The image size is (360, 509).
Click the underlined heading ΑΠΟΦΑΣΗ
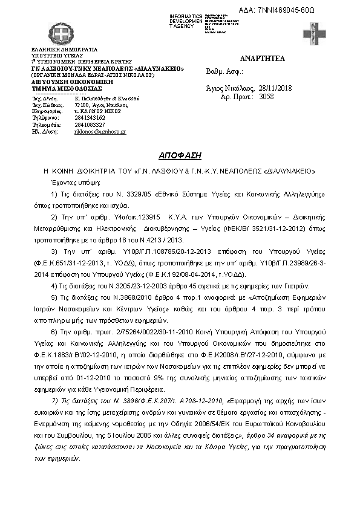pos(179,154)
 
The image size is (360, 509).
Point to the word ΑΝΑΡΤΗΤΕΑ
pos(263,59)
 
